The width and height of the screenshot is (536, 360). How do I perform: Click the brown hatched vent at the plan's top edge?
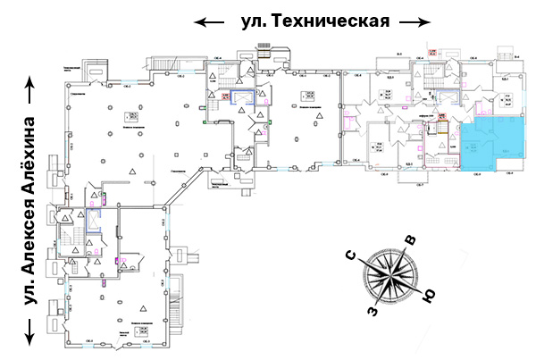tap(264, 53)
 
